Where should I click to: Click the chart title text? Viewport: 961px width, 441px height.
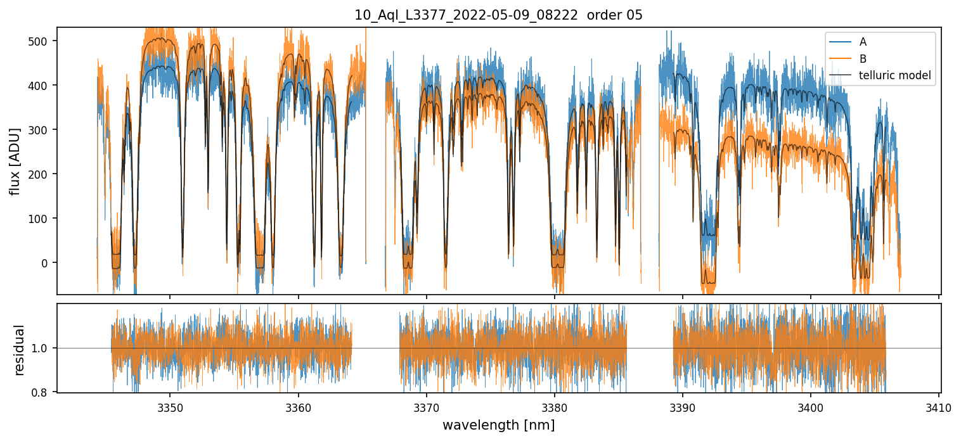(x=498, y=15)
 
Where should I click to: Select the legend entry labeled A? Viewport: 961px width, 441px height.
(x=863, y=42)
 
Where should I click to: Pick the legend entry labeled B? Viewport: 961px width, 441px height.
(x=863, y=59)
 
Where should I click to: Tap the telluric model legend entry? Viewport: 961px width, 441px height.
(x=894, y=75)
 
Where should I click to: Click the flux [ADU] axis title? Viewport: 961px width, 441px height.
(x=15, y=161)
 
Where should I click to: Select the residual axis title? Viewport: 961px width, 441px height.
(x=20, y=350)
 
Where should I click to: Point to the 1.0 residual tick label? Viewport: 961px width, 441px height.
(x=45, y=348)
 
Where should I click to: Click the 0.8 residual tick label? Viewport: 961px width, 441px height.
(x=45, y=393)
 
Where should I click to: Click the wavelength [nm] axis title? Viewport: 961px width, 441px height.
(x=498, y=425)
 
